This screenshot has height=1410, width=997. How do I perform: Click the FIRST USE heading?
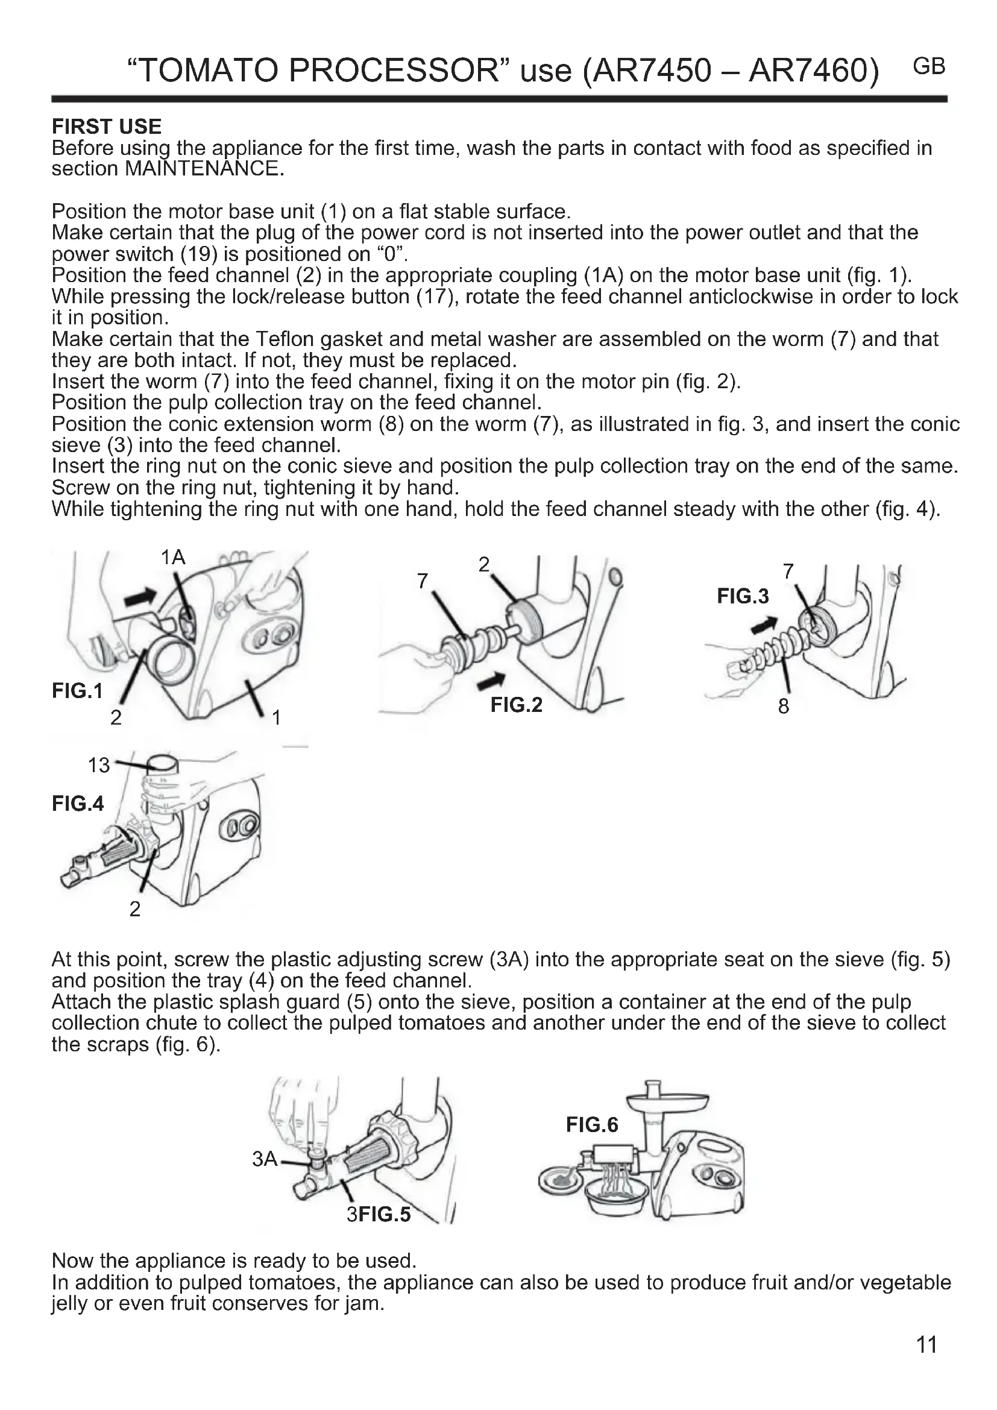106,127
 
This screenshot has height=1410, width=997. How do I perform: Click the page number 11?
926,1345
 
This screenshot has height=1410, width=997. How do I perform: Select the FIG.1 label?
77,691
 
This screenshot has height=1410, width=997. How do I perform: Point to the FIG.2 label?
517,704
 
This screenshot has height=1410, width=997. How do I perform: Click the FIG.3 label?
742,596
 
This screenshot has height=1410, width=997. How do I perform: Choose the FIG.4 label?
78,803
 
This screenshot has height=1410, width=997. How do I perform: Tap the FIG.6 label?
592,1124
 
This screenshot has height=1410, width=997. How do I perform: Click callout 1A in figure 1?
172,558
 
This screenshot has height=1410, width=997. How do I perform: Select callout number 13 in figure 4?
98,765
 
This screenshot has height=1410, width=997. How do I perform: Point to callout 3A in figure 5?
265,1159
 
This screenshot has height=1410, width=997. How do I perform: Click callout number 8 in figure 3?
784,707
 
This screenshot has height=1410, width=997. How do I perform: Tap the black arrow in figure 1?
140,595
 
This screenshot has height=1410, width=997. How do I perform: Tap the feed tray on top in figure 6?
667,1098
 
